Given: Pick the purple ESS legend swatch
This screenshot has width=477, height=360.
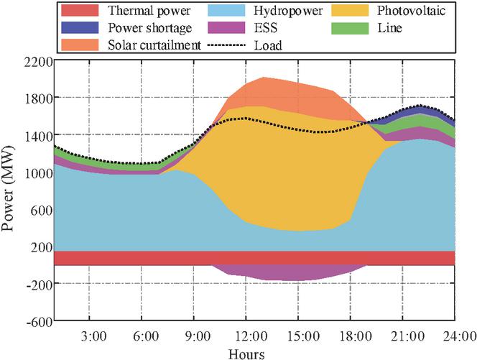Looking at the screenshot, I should click(x=231, y=29).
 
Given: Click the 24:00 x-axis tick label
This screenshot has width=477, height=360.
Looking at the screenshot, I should click(x=455, y=336).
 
